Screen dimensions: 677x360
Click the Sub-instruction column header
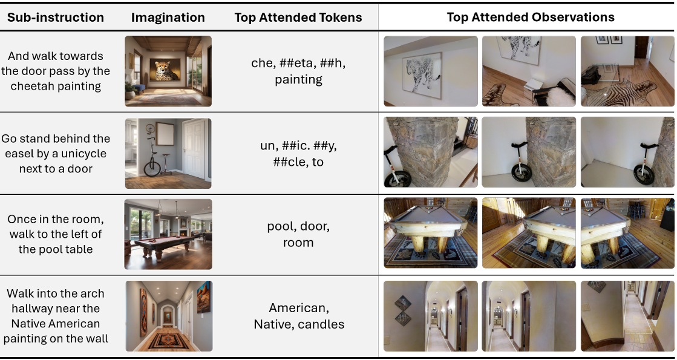56,18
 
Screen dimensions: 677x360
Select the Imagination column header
168,18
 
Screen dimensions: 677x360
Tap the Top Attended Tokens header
298,18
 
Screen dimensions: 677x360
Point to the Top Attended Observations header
530,17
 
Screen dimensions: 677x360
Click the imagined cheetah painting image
168,71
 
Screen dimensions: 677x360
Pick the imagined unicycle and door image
168,153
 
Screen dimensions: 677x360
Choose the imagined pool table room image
168,234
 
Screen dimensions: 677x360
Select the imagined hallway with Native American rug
169,316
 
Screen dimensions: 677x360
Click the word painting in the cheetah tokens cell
298,79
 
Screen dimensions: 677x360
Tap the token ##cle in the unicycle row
287,162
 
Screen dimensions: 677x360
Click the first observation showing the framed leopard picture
431,71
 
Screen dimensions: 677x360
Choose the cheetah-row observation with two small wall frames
627,71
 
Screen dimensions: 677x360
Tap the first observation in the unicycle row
431,152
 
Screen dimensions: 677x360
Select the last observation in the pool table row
627,233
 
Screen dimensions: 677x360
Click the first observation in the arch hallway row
431,316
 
